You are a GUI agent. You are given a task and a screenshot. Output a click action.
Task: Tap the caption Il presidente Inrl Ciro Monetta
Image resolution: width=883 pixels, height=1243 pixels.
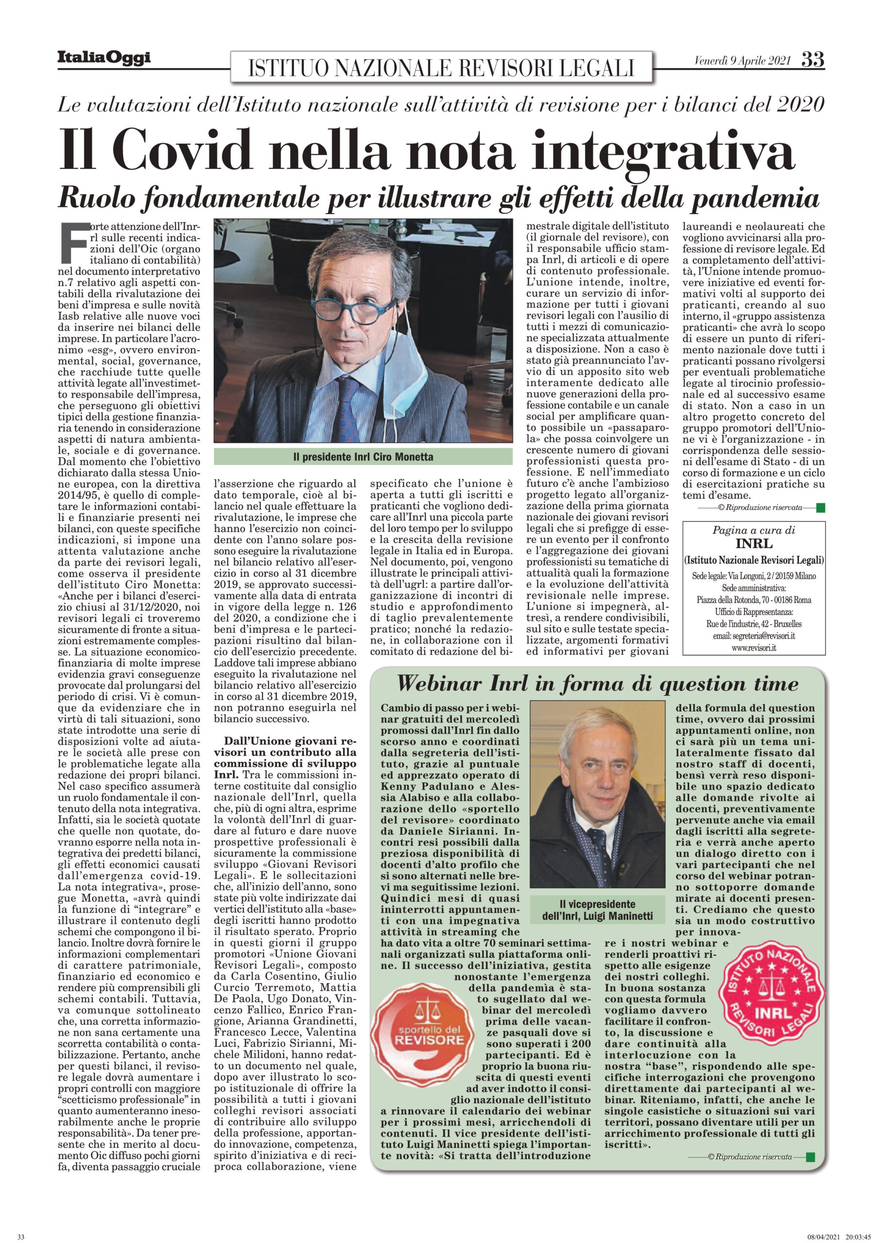point(363,457)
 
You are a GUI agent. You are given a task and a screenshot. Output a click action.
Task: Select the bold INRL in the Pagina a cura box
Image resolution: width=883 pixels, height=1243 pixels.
point(754,543)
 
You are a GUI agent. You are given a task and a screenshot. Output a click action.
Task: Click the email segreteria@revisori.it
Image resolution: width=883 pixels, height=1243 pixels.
point(754,636)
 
